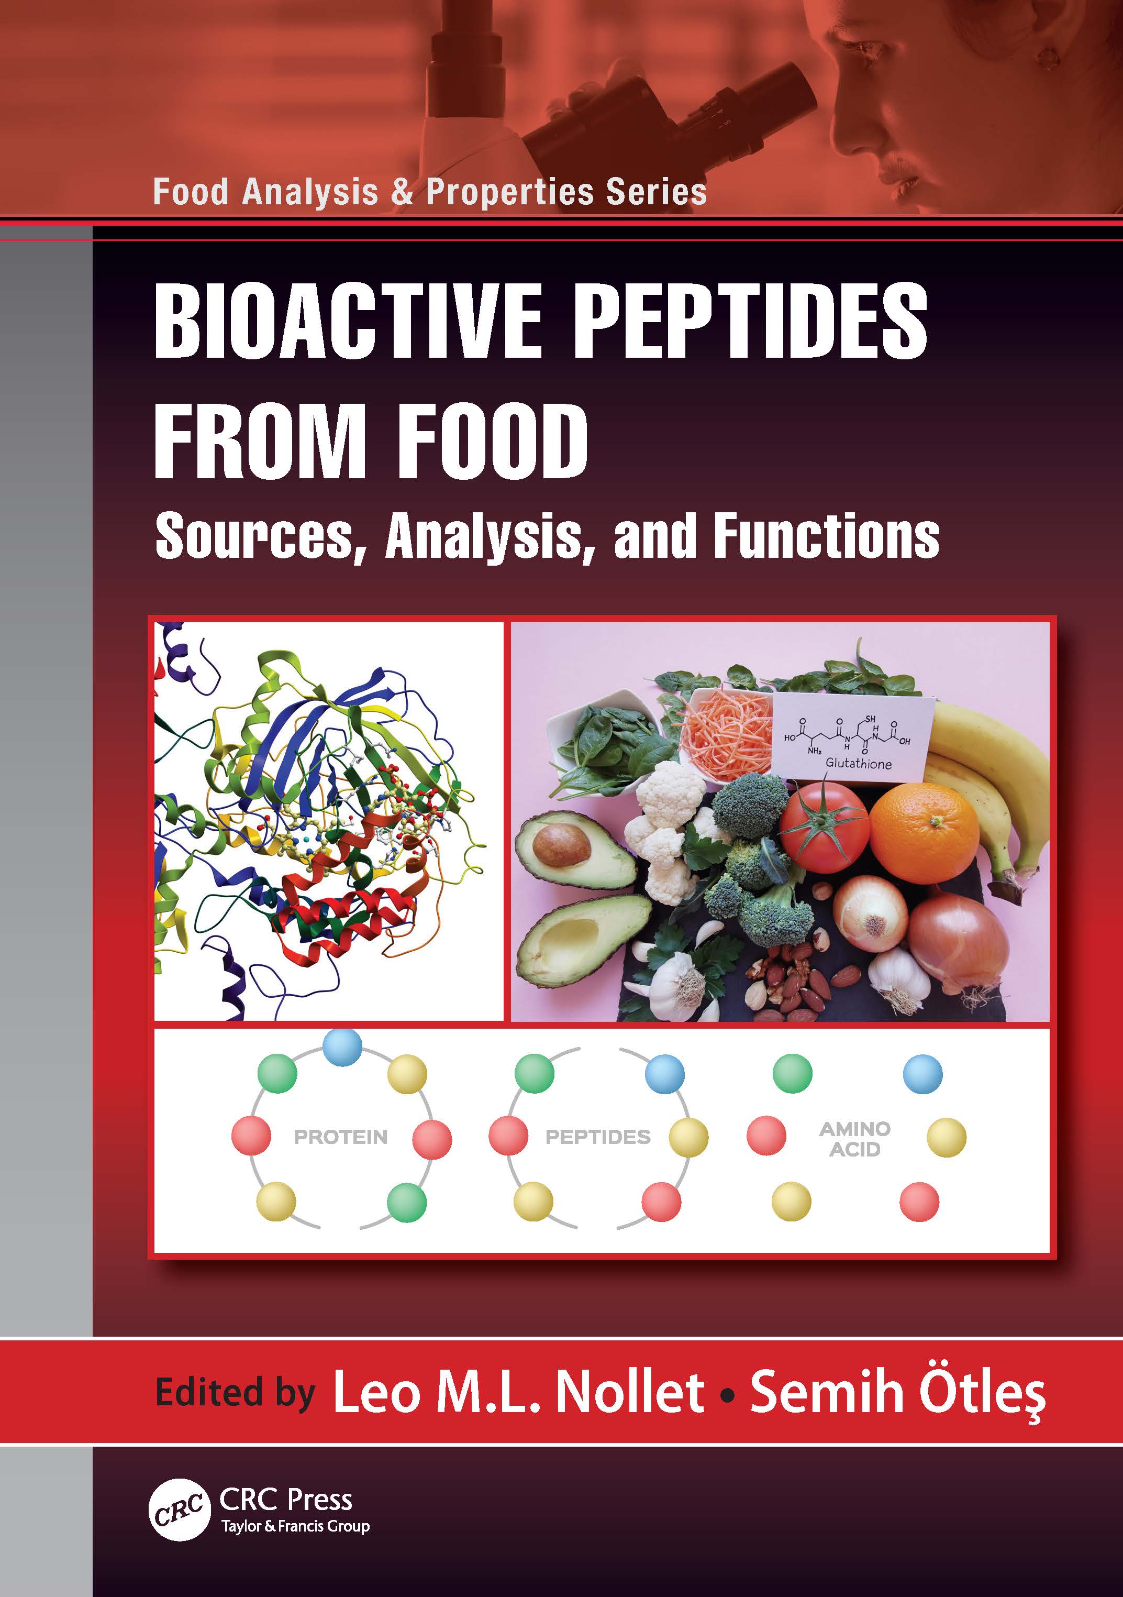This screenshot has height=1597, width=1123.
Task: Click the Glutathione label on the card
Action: pos(858,762)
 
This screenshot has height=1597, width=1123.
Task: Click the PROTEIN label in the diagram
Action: pos(341,1137)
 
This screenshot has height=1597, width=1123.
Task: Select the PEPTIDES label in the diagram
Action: pos(597,1137)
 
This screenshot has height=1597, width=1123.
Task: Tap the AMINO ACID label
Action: pos(854,1139)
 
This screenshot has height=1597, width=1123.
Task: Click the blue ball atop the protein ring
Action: pos(343,1045)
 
